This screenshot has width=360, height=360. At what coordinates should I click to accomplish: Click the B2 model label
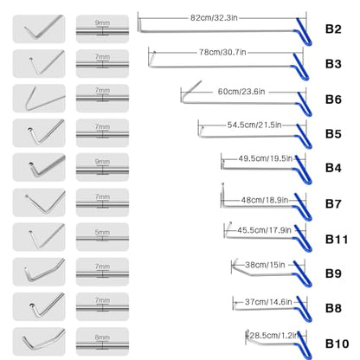point(333,29)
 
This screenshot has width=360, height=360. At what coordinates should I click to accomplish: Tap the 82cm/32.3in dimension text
point(214,18)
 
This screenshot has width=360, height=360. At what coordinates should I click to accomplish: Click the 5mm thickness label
point(102,232)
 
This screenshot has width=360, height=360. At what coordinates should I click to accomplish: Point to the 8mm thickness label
point(102,337)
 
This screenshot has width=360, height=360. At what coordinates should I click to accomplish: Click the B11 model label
point(337,240)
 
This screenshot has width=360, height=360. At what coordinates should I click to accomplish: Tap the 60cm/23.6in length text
point(241,92)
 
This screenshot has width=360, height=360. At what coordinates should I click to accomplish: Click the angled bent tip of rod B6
point(190,89)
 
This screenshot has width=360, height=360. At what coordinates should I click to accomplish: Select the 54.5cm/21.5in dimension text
point(254,125)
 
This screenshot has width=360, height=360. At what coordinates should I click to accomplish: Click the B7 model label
point(333,204)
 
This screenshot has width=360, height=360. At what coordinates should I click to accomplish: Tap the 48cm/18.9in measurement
point(265,200)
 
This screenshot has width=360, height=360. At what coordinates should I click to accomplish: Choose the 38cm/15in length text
point(265,265)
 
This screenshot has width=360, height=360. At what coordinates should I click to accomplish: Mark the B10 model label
point(337,344)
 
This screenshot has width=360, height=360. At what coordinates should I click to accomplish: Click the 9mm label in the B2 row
point(102,22)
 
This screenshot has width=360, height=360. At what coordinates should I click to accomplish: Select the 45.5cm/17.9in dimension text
point(264,230)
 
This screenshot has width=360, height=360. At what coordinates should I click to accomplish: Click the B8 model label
point(333,308)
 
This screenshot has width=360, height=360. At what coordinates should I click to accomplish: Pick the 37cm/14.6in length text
point(268,302)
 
